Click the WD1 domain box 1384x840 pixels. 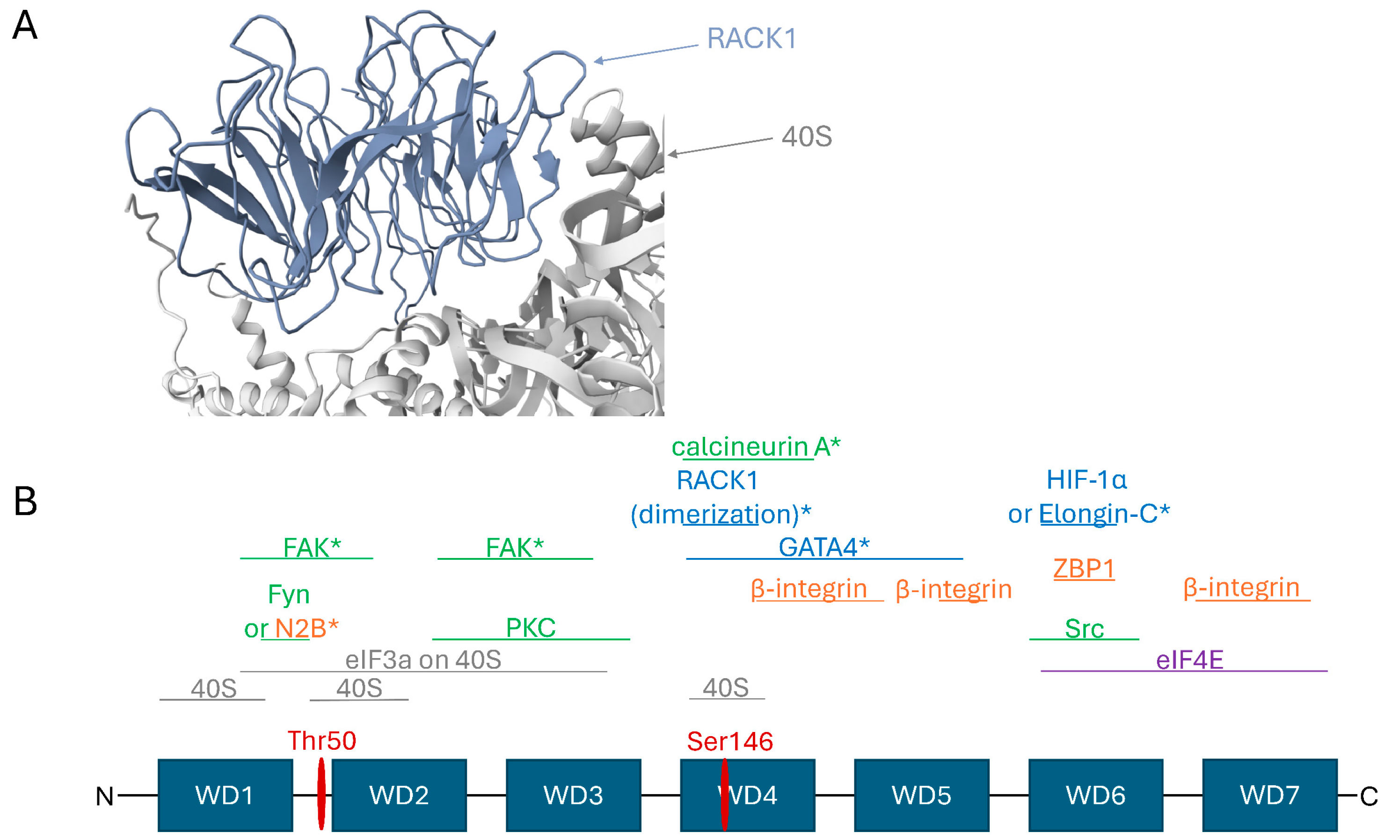[x=225, y=795]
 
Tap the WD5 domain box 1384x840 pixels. [x=921, y=795]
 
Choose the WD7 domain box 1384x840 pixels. [x=1269, y=795]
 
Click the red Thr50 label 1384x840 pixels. [x=322, y=741]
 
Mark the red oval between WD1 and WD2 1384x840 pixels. [x=321, y=794]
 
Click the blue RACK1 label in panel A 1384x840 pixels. [x=751, y=39]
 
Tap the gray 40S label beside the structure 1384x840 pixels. [x=807, y=137]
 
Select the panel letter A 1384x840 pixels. [x=25, y=26]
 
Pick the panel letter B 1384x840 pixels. [x=25, y=501]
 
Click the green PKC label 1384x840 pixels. [x=530, y=628]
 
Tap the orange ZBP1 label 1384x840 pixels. [x=1084, y=568]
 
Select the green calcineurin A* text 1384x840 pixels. [x=756, y=447]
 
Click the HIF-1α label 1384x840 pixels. [x=1086, y=479]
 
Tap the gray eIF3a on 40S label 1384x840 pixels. [x=423, y=660]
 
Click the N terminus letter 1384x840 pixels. [x=104, y=796]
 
